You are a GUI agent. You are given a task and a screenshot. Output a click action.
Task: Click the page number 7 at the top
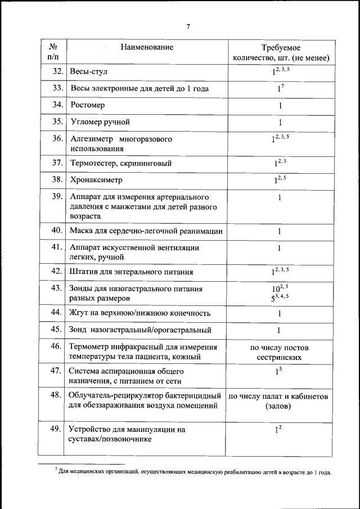point(188,26)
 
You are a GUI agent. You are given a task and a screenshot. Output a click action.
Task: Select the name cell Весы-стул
point(88,73)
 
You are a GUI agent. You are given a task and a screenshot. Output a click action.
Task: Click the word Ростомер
point(88,105)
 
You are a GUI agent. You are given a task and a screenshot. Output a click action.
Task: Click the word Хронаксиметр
point(96,180)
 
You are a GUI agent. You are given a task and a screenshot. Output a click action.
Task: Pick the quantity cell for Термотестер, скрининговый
point(280,163)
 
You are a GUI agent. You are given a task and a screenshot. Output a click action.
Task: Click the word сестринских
point(280,357)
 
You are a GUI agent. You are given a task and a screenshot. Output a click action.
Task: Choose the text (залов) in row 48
point(280,406)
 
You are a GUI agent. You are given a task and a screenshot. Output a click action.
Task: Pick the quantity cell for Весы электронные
point(280,88)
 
